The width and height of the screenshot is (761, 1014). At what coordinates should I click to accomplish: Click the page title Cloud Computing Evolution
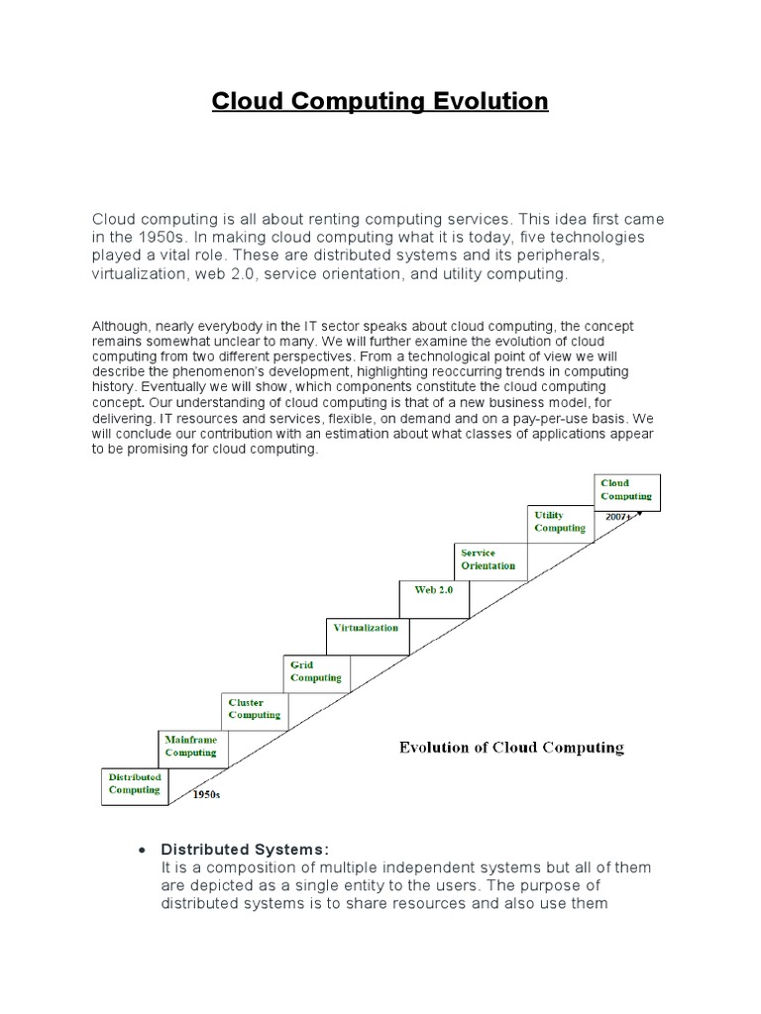point(380,101)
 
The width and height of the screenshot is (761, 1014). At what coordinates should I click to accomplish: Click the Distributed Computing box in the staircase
point(134,784)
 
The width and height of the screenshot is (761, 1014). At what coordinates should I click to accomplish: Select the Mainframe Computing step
point(191,747)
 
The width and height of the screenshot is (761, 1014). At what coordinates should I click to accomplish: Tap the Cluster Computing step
point(254,709)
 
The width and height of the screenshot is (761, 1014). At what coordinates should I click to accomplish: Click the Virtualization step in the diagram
point(367,628)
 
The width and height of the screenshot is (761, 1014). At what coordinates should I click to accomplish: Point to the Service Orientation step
point(489,559)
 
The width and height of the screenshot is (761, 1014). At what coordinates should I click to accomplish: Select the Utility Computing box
point(560,522)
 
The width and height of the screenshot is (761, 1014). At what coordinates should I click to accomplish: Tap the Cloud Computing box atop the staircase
point(626,490)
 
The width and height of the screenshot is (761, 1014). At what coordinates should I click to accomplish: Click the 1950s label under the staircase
point(206,794)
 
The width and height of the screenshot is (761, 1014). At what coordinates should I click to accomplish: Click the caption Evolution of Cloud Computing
point(511,748)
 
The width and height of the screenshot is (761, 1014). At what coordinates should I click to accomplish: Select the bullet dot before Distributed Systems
point(144,851)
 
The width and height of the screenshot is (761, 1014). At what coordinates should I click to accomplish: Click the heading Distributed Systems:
point(244,850)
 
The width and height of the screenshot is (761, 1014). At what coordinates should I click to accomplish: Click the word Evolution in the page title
point(491,101)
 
